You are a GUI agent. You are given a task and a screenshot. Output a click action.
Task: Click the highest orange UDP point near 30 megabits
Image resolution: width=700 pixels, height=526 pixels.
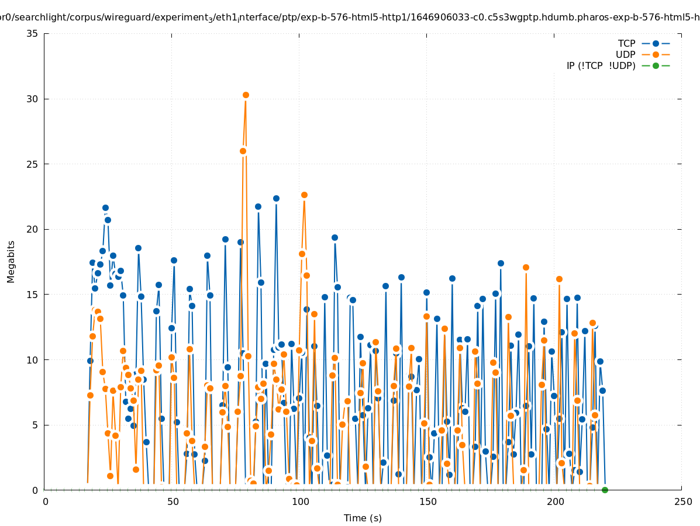point(246,95)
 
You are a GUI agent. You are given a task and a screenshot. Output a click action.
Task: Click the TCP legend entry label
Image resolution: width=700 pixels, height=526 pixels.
point(626,43)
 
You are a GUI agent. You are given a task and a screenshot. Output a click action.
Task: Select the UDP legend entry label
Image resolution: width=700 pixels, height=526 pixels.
point(625,54)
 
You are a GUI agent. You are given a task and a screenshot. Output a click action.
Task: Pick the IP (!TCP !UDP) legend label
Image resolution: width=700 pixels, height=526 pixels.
point(601,65)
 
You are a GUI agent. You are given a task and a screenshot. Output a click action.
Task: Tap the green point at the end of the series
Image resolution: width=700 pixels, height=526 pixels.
point(605,490)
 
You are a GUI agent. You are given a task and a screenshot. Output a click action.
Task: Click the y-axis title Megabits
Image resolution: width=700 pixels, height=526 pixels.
point(11,261)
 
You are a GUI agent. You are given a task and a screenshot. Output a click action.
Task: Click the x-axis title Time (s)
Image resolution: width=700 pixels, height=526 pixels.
point(363,518)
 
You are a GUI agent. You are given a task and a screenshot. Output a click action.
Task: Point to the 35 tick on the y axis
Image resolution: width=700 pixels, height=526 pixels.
point(33,33)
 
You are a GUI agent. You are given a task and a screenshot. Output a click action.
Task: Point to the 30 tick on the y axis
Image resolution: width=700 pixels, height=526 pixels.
point(33,99)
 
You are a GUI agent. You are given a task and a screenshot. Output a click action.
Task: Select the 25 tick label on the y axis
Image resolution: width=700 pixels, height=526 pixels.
point(33,164)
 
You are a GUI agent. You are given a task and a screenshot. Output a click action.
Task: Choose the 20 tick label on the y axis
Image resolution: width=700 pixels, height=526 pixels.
point(33,229)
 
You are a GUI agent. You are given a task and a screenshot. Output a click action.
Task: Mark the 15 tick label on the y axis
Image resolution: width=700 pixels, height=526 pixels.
point(33,295)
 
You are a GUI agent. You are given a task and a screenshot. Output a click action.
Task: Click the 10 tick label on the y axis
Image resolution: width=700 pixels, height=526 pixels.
point(33,359)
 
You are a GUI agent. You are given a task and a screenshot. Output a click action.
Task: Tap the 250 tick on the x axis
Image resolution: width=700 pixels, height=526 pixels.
point(682,501)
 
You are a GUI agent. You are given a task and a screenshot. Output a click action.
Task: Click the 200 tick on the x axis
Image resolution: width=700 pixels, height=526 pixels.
point(555,501)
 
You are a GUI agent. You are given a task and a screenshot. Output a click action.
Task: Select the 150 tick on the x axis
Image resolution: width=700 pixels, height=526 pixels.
point(427,501)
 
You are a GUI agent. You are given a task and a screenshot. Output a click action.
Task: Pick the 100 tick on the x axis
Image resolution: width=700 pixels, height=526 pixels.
point(300,501)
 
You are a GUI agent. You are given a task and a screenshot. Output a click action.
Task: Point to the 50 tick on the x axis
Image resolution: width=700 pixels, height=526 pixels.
point(173,501)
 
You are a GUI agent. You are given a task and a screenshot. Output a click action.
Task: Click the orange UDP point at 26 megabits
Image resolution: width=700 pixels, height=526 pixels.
point(243,151)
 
